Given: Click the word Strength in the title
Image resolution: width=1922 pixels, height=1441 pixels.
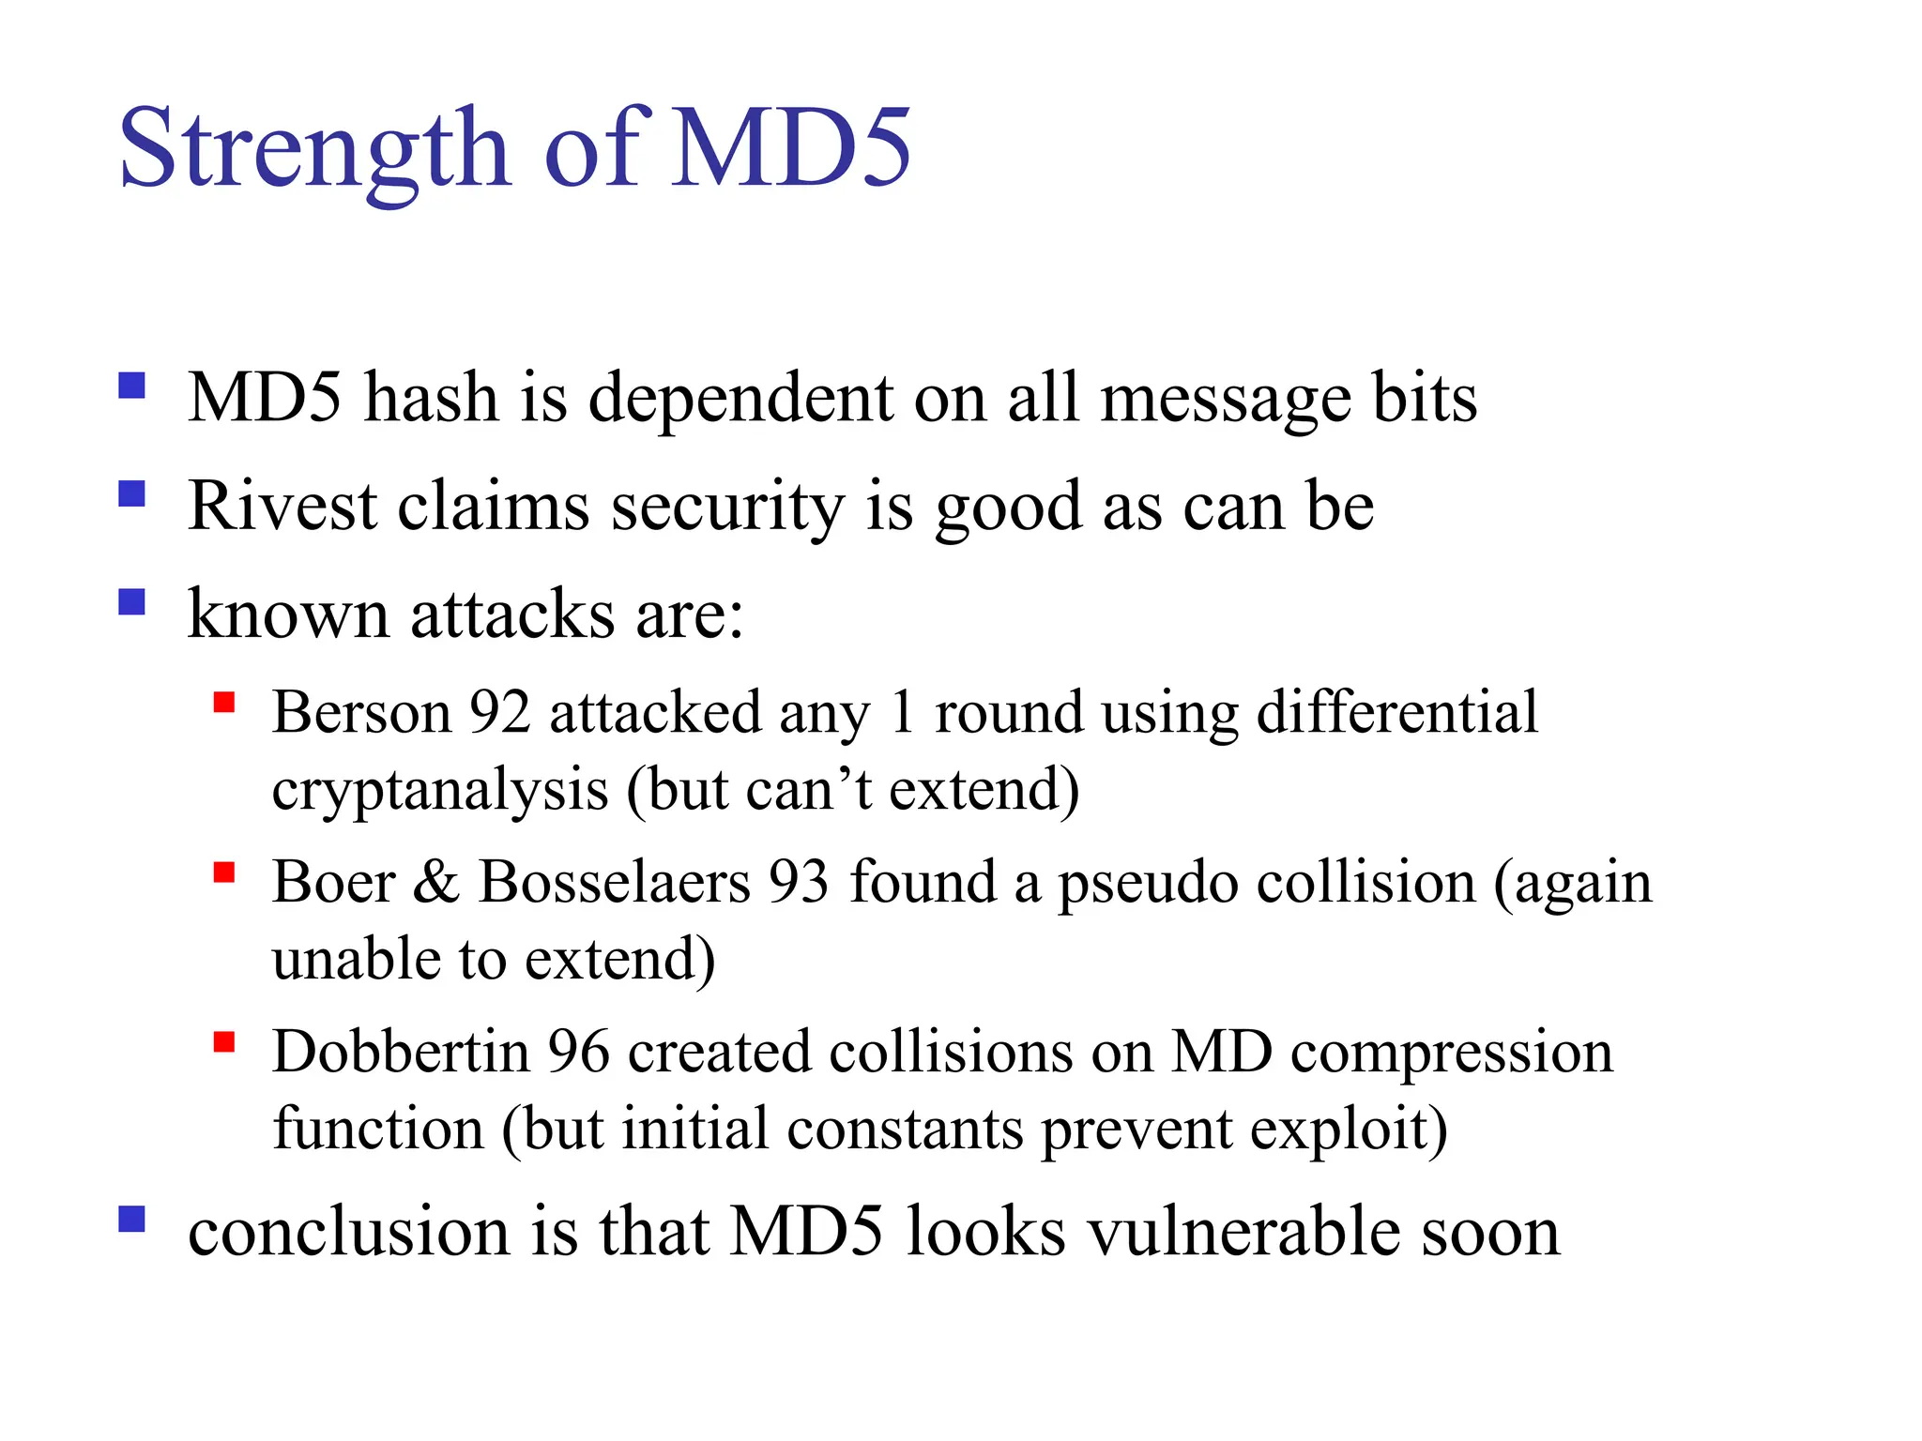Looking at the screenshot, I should [313, 150].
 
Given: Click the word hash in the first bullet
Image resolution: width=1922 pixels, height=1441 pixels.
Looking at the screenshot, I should [431, 399].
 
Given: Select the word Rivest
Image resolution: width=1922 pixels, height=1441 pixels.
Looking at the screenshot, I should [282, 507].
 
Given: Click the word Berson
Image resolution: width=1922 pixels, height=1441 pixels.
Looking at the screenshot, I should [362, 713].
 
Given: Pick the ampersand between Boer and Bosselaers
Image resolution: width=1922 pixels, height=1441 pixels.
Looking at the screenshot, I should [436, 883].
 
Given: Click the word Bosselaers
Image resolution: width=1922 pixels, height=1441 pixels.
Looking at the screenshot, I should [615, 883].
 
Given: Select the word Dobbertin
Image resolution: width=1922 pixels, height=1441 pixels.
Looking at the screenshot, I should [402, 1052].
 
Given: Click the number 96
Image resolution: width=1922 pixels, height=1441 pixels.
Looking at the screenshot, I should [579, 1052].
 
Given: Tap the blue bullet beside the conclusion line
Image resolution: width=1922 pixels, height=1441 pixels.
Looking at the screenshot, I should [132, 1219].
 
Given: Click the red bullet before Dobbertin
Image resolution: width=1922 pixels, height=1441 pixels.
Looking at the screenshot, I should [223, 1042].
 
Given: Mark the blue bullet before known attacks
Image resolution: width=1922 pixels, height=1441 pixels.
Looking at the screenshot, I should [132, 601].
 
